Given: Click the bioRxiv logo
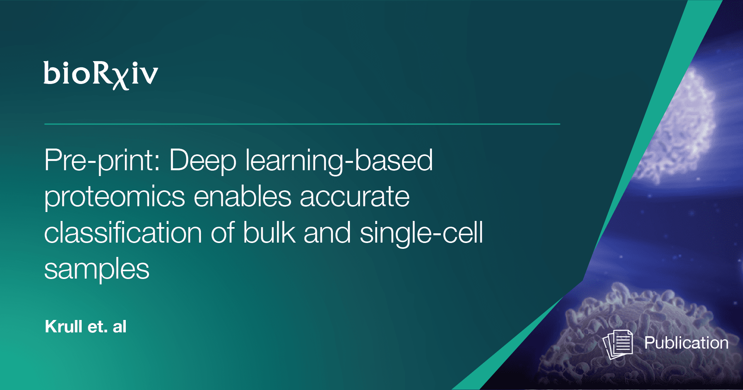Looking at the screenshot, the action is point(101,75).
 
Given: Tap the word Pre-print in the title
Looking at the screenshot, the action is point(102,161).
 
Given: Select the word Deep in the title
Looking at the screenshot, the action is point(203,161).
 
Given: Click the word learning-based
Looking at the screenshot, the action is point(339,161).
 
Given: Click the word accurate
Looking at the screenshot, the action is point(355,197).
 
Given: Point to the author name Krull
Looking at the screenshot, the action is point(63,327).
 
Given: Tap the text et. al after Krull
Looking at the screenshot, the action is point(107,327).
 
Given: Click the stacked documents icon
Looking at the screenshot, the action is point(618,344).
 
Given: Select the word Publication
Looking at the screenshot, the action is point(686,343).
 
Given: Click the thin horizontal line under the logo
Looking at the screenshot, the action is point(302,124).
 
